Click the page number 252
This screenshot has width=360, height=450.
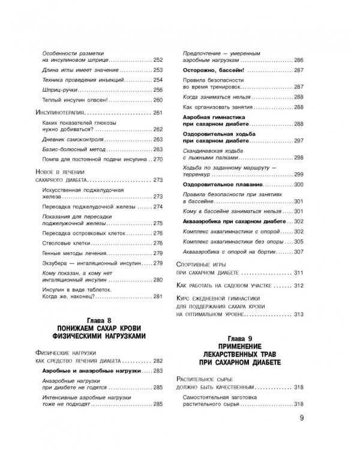(158, 61)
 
